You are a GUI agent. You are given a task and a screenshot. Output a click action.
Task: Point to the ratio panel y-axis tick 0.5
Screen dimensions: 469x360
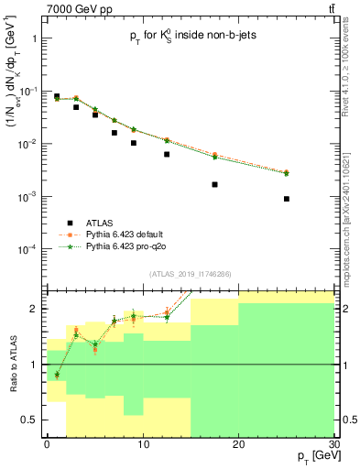(33, 420)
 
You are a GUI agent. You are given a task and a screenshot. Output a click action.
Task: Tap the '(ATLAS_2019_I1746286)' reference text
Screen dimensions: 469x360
(190, 274)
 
